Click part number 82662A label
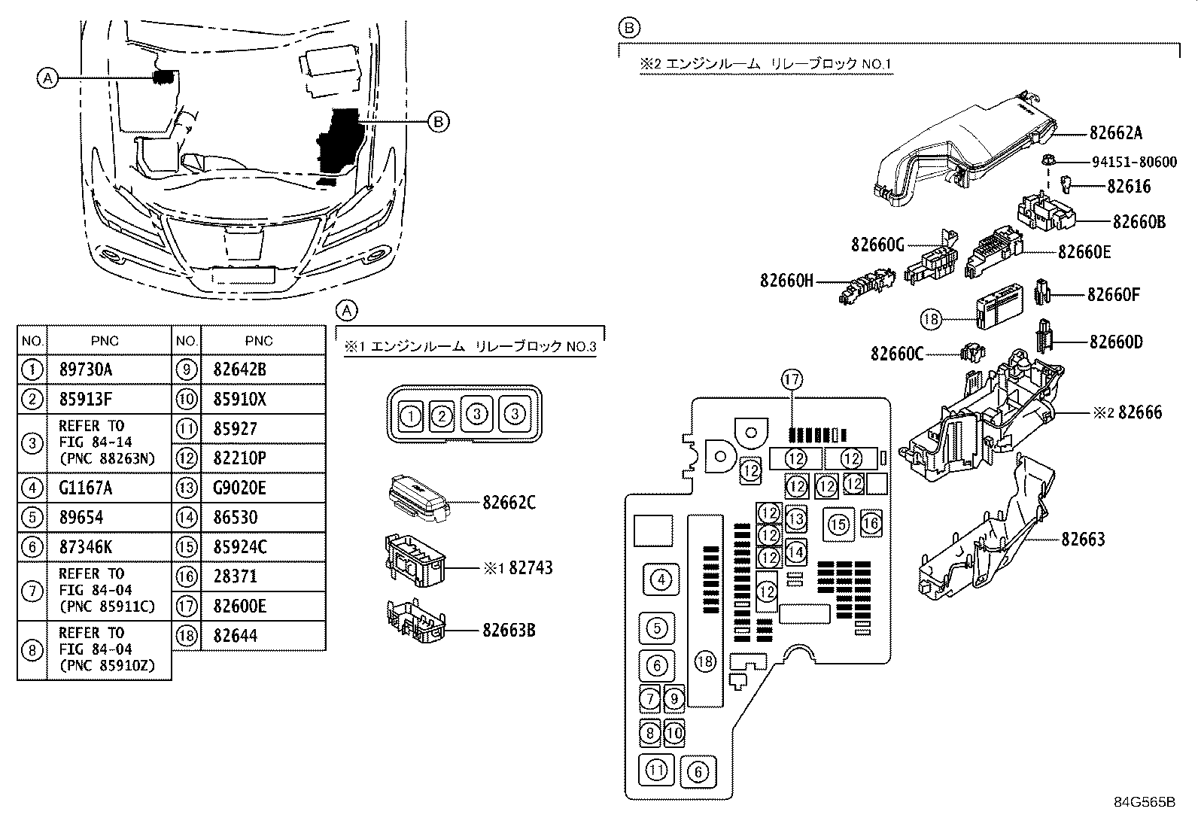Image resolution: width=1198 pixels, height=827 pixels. pyautogui.click(x=1115, y=133)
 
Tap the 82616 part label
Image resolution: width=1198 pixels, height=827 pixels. pyautogui.click(x=1129, y=186)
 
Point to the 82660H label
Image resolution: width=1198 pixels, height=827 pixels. pyautogui.click(x=786, y=281)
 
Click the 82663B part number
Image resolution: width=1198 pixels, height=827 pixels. pyautogui.click(x=509, y=630)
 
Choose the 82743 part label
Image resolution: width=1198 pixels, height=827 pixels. pyautogui.click(x=531, y=567)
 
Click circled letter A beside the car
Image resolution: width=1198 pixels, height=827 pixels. pyautogui.click(x=47, y=78)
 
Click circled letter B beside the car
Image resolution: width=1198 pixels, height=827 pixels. pyautogui.click(x=439, y=121)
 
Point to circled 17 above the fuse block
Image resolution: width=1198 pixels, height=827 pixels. pyautogui.click(x=792, y=380)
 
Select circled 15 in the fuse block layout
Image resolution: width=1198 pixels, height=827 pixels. pyautogui.click(x=838, y=524)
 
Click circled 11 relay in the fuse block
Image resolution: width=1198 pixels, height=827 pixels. pyautogui.click(x=656, y=770)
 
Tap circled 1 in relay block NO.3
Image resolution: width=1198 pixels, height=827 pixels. pyautogui.click(x=410, y=415)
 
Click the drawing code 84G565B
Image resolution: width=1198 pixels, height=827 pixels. pyautogui.click(x=1144, y=801)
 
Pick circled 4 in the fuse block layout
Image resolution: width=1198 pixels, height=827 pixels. pyautogui.click(x=660, y=579)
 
